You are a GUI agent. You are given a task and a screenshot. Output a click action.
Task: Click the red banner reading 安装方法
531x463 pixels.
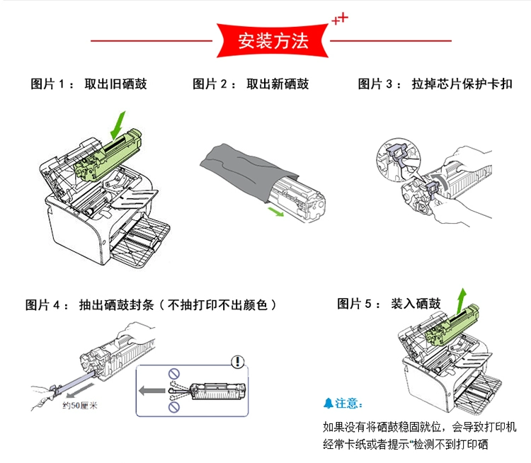[x=272, y=40]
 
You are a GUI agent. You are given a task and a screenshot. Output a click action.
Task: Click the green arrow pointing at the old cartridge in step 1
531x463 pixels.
[x=119, y=125]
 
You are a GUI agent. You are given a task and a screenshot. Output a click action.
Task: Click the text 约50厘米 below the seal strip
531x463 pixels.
[x=79, y=406]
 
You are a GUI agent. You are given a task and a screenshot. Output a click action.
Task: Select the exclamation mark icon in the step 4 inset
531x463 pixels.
[x=238, y=362]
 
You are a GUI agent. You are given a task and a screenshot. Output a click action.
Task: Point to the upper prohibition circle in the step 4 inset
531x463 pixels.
[x=173, y=372]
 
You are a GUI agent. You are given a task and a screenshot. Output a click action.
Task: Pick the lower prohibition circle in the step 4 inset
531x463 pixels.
[x=173, y=408]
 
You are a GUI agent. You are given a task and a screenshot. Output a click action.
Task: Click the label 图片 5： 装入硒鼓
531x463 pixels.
[x=389, y=304]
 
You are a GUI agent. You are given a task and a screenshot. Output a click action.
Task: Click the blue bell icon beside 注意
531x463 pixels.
[x=328, y=403]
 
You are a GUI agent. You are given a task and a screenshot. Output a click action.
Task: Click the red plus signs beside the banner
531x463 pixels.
[x=341, y=19]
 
